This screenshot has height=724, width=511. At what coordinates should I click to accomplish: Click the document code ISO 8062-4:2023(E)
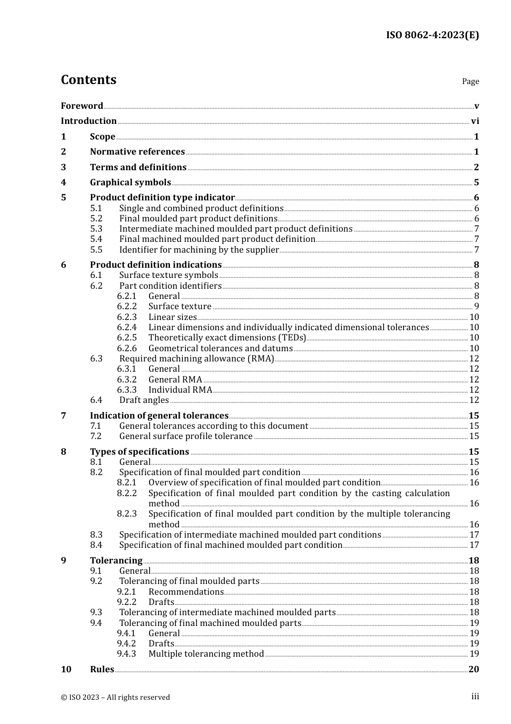click(432, 35)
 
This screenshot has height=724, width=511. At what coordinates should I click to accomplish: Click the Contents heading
click(88, 80)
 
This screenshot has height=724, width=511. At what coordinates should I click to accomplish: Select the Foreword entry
click(82, 106)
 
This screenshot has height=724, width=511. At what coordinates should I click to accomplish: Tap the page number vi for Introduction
click(475, 121)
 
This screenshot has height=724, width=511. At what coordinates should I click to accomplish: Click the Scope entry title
click(102, 137)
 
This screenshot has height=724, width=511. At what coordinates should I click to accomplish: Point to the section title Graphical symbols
click(130, 183)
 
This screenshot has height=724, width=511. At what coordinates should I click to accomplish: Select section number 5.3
click(96, 229)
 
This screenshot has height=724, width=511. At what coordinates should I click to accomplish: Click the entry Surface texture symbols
click(168, 275)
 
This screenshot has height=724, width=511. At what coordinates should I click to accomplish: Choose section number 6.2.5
click(127, 338)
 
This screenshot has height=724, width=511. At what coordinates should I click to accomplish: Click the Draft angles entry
click(144, 400)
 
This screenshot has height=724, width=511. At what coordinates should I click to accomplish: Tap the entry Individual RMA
click(180, 390)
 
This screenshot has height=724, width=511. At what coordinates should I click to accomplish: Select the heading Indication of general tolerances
click(159, 416)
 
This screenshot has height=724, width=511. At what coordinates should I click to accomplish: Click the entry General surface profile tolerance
click(186, 436)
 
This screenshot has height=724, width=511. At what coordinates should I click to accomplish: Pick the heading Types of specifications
click(139, 452)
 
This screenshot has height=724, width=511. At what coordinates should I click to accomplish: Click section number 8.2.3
click(127, 514)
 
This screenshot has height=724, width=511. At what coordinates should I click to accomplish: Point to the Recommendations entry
click(186, 592)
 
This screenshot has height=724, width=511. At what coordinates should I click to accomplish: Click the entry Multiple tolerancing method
click(206, 654)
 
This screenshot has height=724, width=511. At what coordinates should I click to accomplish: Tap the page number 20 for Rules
click(473, 670)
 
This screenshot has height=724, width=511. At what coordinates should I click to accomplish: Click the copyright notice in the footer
click(115, 698)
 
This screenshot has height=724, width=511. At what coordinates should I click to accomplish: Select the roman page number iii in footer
click(475, 697)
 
